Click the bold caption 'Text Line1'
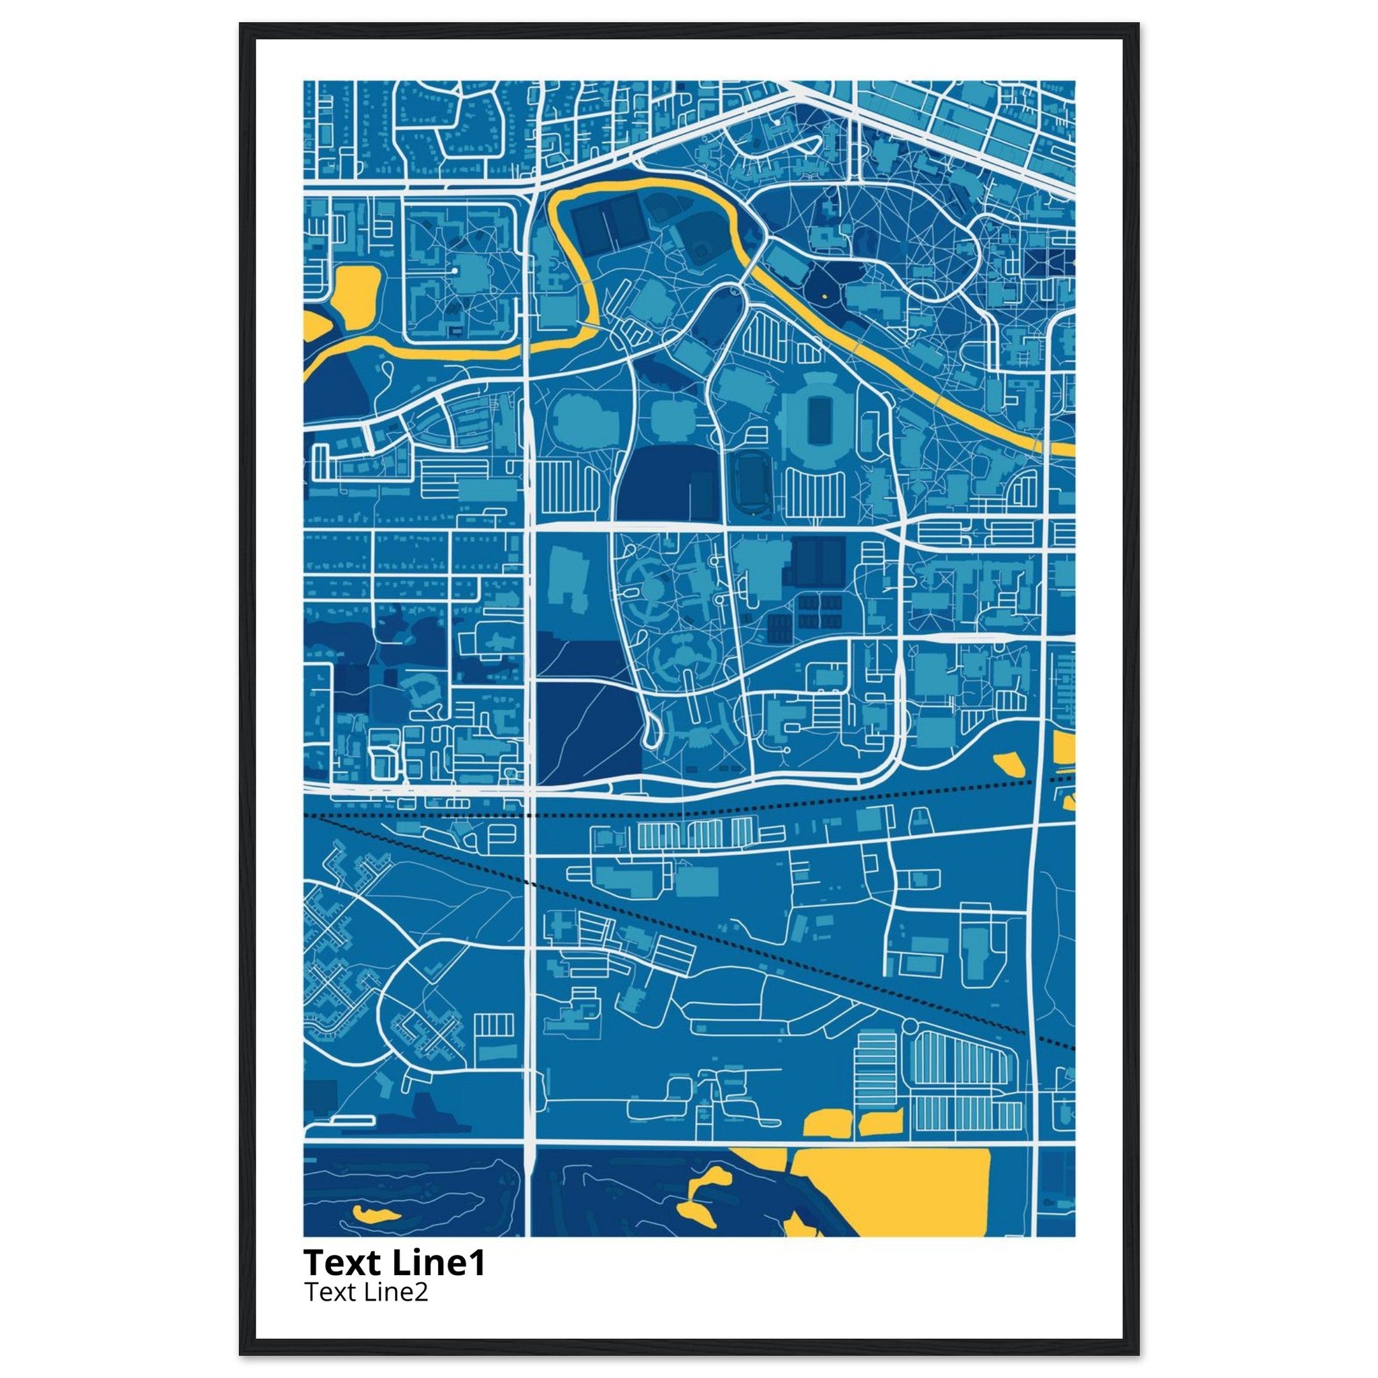tap(394, 1262)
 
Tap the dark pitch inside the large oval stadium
tap(816, 421)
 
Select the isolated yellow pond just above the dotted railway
tap(1010, 763)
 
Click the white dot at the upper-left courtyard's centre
tap(454, 272)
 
